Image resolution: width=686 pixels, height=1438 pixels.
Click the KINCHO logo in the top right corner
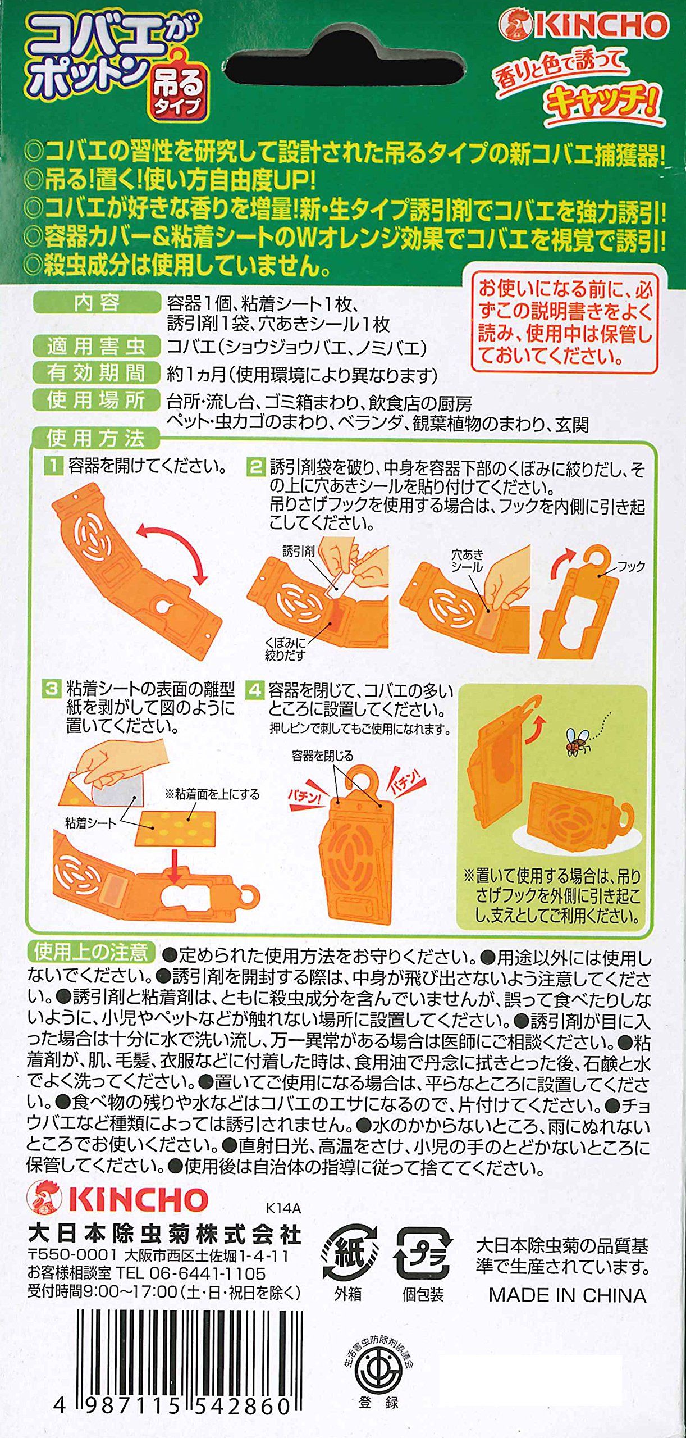tap(584, 26)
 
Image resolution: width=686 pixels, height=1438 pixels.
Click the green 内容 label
tap(97, 303)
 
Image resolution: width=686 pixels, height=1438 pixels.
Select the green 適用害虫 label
tap(97, 346)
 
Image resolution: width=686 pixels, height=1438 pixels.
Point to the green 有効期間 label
tap(97, 373)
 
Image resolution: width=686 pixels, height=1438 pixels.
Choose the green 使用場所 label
tap(97, 400)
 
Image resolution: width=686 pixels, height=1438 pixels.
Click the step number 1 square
tap(54, 466)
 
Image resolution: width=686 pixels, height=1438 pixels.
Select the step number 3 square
tap(52, 689)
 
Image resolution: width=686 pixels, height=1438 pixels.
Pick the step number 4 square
tap(255, 690)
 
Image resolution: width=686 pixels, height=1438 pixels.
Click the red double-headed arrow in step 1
tap(173, 550)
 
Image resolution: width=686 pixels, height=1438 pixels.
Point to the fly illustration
tap(578, 740)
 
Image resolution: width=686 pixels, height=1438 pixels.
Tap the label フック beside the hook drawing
tap(631, 566)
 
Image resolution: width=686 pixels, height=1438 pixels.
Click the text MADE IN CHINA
tap(568, 1295)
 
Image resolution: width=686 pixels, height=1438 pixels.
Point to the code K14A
tap(284, 1208)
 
